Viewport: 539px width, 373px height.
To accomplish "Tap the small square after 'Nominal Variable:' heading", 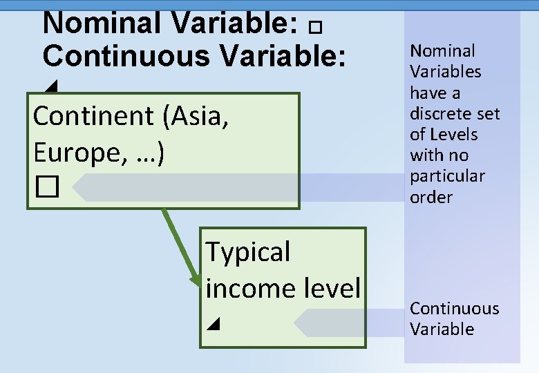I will [x=316, y=28].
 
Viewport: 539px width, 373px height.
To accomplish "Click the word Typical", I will [x=248, y=253].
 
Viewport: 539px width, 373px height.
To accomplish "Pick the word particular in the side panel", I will [x=446, y=176].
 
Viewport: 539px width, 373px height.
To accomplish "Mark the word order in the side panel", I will [x=431, y=198].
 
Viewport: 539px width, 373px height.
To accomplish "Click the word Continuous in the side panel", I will [x=454, y=309].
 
